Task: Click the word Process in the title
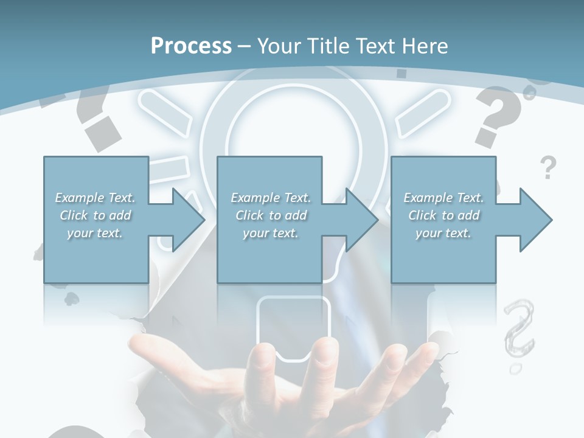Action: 191,46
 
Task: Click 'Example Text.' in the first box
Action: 95,198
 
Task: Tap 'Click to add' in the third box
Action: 443,215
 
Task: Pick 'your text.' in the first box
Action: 95,233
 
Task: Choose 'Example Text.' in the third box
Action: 443,198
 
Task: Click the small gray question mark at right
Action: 548,167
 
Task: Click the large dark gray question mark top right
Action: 499,116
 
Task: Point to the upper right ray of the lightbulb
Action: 423,113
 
